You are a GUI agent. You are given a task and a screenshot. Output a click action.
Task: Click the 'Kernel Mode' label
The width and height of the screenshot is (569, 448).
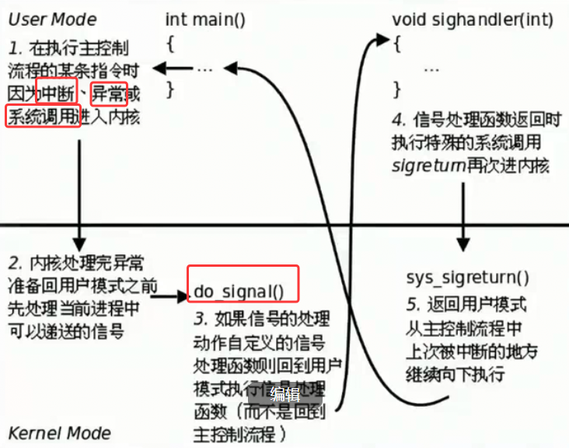[x=60, y=432]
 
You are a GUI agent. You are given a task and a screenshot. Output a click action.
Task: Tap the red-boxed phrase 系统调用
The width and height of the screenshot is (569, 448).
[x=44, y=117]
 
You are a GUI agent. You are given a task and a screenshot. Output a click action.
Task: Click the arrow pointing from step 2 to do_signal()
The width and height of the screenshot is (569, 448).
[x=172, y=295]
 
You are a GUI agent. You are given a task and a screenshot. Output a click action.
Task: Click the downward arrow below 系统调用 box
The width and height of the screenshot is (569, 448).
[x=79, y=194]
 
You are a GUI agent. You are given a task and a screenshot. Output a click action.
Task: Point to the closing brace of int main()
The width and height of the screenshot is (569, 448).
[x=170, y=88]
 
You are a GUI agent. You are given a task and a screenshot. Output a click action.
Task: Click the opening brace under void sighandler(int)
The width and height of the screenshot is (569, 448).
[x=397, y=43]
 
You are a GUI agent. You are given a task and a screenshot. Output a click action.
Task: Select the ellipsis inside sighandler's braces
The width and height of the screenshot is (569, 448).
[x=431, y=68]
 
